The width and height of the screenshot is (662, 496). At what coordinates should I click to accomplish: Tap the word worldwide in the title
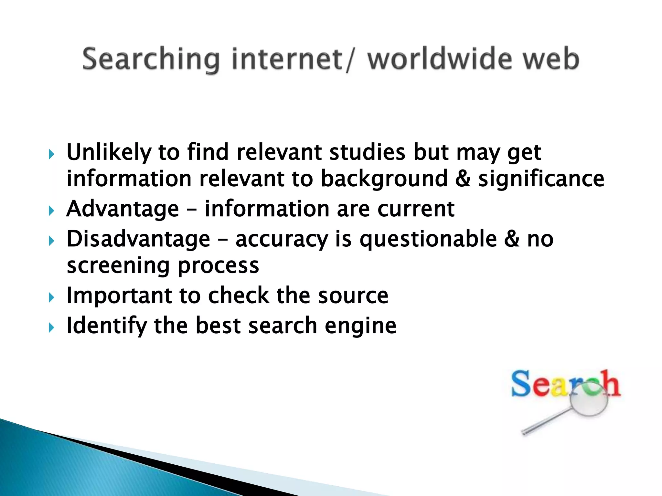[440, 59]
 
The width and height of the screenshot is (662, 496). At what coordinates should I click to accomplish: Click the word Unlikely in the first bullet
[109, 152]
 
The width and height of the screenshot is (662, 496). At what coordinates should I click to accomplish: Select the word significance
[541, 179]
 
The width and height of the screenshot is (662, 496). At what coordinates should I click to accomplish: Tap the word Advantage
[123, 209]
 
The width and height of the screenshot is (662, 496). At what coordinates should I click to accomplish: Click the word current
[416, 209]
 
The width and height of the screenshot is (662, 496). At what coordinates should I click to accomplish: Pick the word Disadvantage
[138, 239]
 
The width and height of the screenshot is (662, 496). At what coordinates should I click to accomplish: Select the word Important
[119, 296]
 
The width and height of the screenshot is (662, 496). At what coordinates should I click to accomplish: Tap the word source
[353, 296]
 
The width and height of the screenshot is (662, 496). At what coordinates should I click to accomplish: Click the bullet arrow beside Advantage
[51, 211]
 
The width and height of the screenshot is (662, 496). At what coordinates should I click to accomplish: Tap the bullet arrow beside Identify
[51, 328]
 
